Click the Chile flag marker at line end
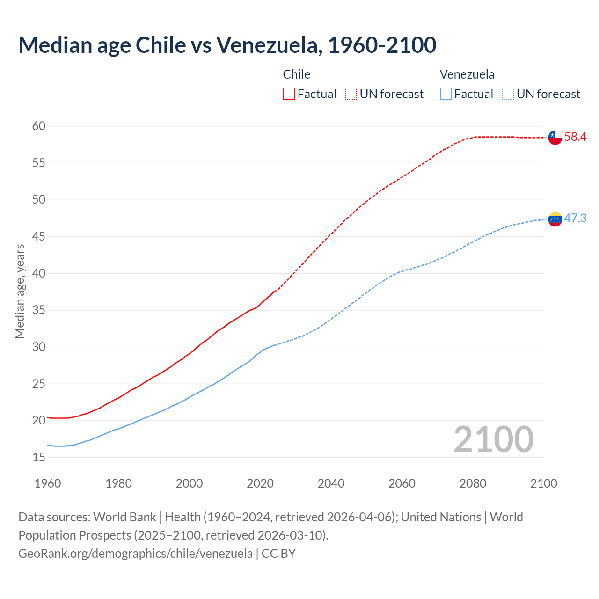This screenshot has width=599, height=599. pyautogui.click(x=555, y=138)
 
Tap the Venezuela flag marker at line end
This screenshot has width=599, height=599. pyautogui.click(x=555, y=219)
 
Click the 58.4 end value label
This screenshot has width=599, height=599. pyautogui.click(x=575, y=137)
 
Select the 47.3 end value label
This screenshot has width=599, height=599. pyautogui.click(x=575, y=219)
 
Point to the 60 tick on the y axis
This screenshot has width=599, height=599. pyautogui.click(x=39, y=126)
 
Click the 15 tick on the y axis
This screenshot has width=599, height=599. pyautogui.click(x=39, y=457)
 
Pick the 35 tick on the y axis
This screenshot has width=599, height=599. pyautogui.click(x=39, y=310)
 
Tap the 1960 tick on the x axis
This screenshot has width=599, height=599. pyautogui.click(x=48, y=483)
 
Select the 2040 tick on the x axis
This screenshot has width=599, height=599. pyautogui.click(x=331, y=483)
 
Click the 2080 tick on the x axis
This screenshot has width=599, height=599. pyautogui.click(x=473, y=483)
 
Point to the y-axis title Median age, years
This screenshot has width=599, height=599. pyautogui.click(x=20, y=291)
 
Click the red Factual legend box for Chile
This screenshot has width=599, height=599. pyautogui.click(x=289, y=94)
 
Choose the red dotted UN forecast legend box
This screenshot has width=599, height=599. pyautogui.click(x=351, y=94)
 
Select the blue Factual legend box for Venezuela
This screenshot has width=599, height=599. pyautogui.click(x=446, y=94)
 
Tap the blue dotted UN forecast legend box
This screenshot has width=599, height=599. pyautogui.click(x=508, y=94)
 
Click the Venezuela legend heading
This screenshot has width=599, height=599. pyautogui.click(x=467, y=74)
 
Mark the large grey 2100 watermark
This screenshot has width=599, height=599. pyautogui.click(x=493, y=439)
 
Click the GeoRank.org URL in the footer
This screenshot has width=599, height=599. pyautogui.click(x=135, y=554)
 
